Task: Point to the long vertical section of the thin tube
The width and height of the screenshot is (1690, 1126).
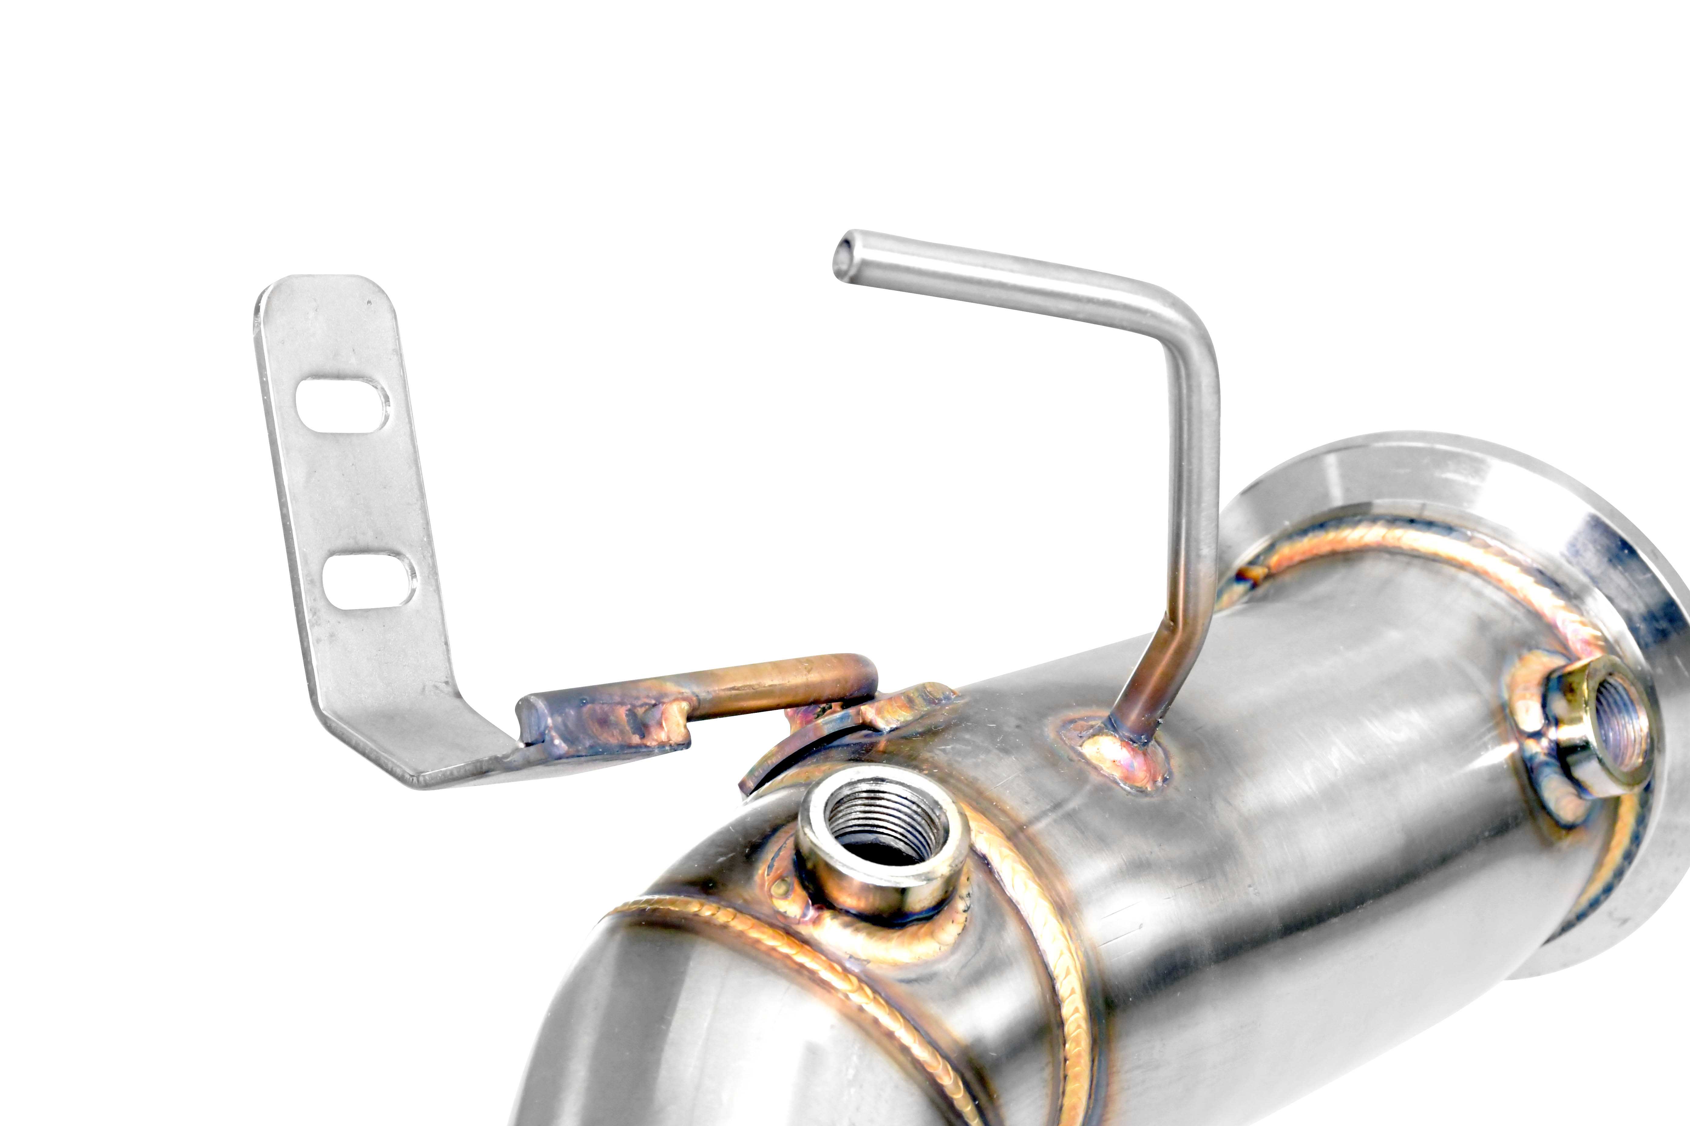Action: coord(1193,503)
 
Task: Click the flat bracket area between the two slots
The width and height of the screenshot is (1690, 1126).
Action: coord(356,495)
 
